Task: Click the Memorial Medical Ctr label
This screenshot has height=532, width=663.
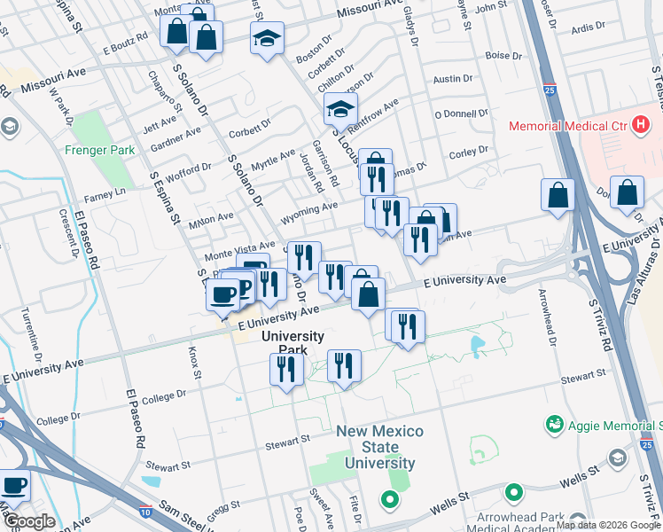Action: point(567,127)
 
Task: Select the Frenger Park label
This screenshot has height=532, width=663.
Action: point(99,150)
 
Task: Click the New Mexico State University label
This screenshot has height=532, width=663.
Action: point(379,447)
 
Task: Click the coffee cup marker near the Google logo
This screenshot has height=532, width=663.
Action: point(14,486)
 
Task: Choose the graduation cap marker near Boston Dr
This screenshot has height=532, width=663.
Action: point(267,39)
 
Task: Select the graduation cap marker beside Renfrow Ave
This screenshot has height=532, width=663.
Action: point(338,110)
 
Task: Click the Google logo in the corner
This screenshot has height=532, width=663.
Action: point(28,521)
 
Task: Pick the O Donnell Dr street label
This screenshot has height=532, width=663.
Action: point(461,114)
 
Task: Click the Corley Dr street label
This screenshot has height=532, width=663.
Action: point(469,153)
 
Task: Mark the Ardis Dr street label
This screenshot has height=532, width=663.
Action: point(589,27)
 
